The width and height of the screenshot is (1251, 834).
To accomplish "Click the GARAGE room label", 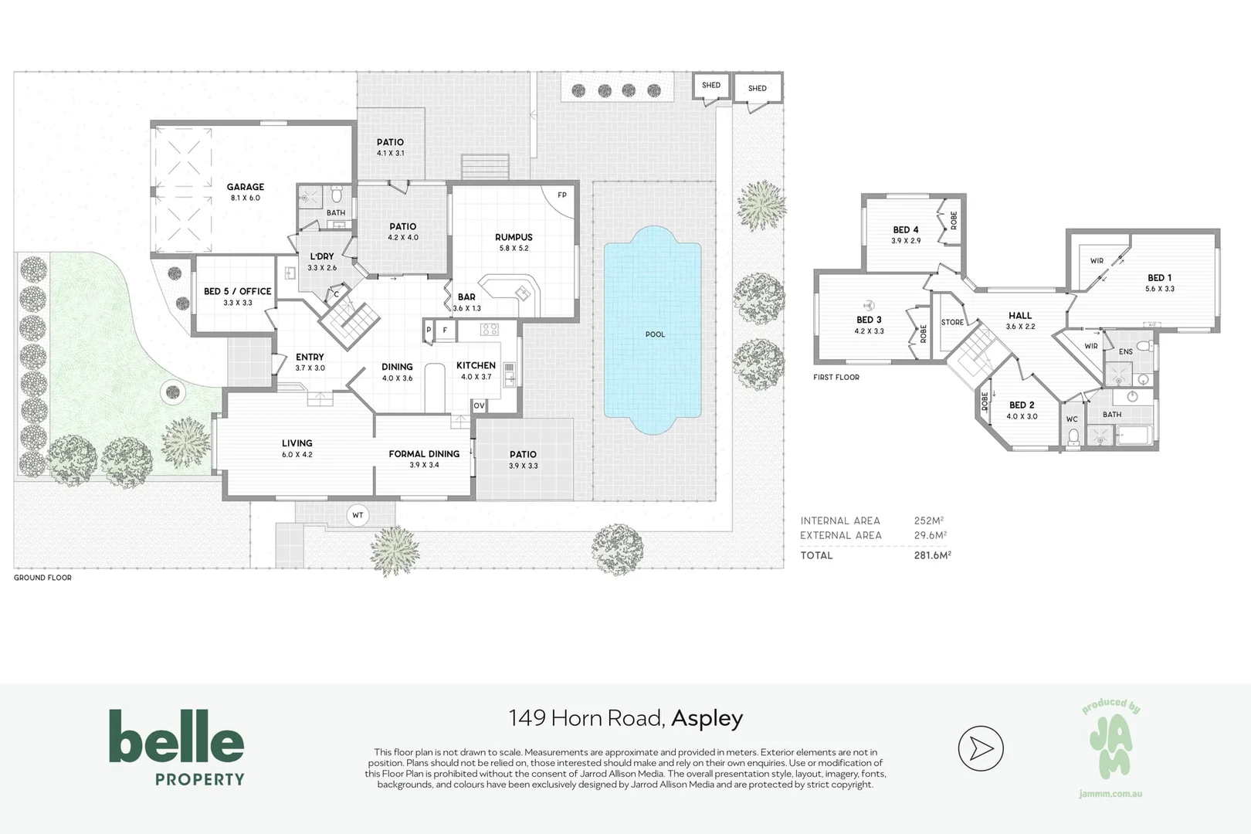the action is (245, 187).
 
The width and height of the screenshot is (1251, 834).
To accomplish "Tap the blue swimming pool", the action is (653, 331).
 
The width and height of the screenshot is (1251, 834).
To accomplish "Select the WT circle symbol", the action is (358, 515).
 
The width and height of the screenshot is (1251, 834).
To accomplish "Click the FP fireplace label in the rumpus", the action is (562, 195).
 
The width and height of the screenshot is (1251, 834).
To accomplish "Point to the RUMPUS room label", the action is (514, 237).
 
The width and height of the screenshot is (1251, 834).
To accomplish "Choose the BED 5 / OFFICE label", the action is (237, 292).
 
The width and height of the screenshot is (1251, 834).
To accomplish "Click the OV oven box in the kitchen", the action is (480, 406).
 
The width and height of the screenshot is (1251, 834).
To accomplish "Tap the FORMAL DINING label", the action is (424, 454).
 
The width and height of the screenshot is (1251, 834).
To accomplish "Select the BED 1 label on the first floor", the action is (1159, 278).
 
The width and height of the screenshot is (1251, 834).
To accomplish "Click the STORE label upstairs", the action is (952, 322).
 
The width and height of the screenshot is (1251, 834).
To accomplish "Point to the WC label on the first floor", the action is (1072, 419).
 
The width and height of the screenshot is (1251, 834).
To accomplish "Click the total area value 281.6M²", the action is (932, 555).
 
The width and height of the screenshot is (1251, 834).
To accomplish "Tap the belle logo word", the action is (177, 736).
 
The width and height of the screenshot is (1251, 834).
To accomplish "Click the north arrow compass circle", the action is (981, 748).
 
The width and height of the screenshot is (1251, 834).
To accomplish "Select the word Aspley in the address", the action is (707, 719).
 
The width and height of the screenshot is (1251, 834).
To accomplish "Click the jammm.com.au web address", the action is (1110, 794).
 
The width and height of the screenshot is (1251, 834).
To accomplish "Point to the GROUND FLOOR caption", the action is (42, 578).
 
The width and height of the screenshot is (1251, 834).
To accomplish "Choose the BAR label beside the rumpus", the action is (466, 297).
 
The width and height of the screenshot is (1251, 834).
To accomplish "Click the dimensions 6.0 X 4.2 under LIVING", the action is (297, 455).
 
